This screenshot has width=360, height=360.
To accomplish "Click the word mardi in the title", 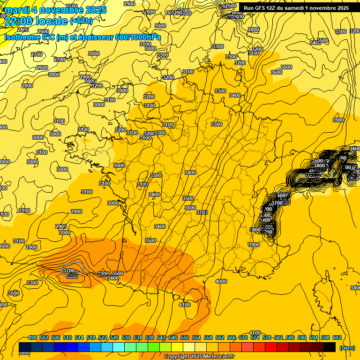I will tap(18, 10).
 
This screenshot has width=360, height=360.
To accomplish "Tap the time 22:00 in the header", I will tap(20, 21).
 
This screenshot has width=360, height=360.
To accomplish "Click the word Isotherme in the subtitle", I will tap(22, 37).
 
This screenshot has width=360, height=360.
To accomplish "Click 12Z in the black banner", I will tap(273, 8).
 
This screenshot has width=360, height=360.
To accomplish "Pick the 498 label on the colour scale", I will tap(32, 337).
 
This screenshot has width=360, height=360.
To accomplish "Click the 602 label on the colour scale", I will tap(337, 337).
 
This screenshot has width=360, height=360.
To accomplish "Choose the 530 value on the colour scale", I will tap(126, 337).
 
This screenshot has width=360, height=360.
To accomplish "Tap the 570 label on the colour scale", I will tap(243, 337).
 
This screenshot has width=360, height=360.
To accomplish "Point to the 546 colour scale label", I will tap(173, 337).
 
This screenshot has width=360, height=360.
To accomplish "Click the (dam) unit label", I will tap(347, 348).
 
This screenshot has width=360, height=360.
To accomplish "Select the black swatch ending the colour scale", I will tap(330, 347).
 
